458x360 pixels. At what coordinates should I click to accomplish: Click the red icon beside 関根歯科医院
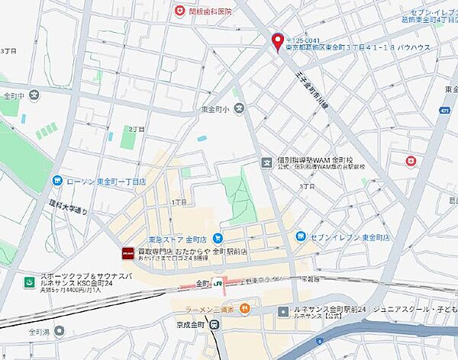click(x=179, y=11)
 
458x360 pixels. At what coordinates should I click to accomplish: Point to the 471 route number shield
click(x=444, y=111)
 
